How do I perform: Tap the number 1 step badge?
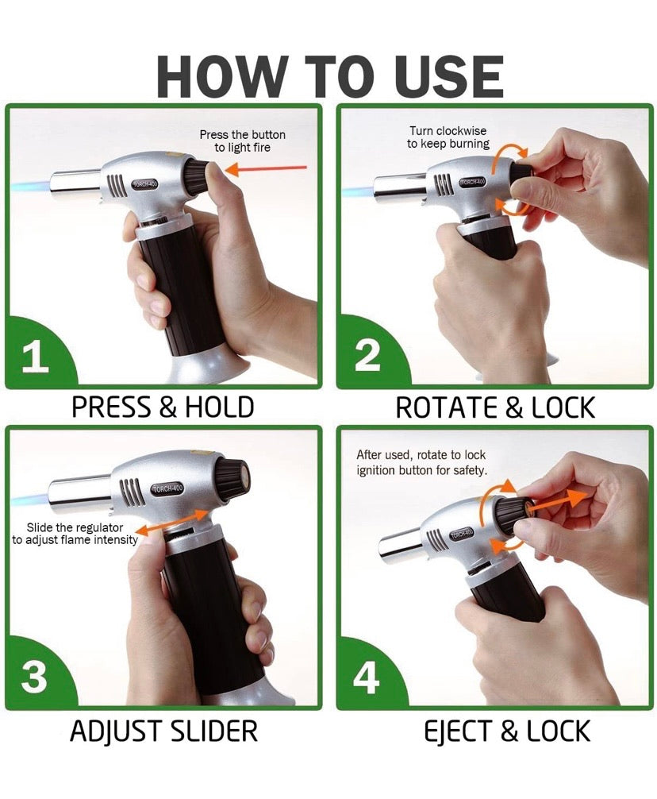point(35,357)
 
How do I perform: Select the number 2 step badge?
point(367,356)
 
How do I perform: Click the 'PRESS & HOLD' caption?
point(163,407)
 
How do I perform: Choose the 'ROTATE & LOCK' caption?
point(495,407)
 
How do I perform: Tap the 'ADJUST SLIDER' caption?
point(163,731)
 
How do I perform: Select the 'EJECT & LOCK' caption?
point(495,731)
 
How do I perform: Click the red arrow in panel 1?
point(266,168)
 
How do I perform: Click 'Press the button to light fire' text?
point(242,141)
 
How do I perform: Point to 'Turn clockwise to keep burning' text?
point(448,137)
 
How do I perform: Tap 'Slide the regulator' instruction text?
point(75,533)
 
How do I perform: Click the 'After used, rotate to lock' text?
point(421,463)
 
